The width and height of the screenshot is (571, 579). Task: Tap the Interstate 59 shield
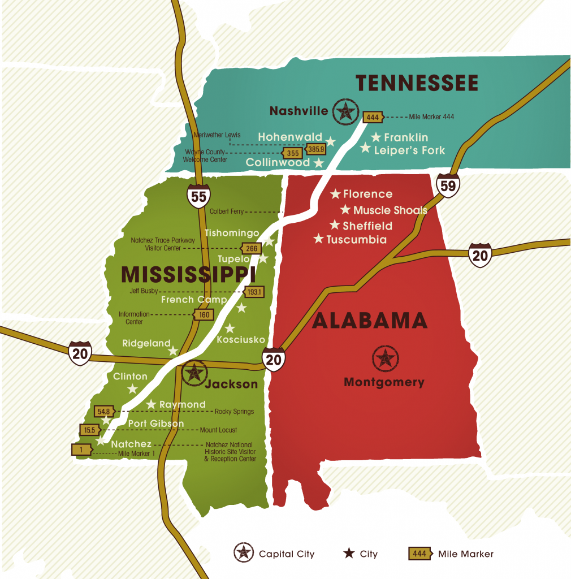point(448,185)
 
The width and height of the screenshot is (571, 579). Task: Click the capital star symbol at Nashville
point(344,111)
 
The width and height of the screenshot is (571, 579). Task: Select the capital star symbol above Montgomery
point(386,358)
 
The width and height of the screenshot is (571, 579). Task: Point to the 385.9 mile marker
point(315,149)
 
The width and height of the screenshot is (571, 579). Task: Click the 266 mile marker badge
point(251,248)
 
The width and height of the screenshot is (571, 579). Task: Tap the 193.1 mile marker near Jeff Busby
point(254,292)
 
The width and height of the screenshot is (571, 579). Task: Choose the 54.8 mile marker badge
point(103,411)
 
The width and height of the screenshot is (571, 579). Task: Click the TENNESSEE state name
point(417,83)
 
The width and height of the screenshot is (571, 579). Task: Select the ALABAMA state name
point(369,321)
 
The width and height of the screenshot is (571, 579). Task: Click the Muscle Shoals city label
point(390,210)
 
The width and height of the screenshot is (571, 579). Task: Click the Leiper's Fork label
point(409,150)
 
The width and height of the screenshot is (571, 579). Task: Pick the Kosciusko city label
point(241,339)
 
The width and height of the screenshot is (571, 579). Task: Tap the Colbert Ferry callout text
point(226,211)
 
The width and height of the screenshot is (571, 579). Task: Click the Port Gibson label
point(155,424)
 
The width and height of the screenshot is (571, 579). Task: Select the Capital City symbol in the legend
point(243,553)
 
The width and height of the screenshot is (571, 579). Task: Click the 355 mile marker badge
point(292,153)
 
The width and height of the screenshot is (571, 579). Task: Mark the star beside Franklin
point(376,137)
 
